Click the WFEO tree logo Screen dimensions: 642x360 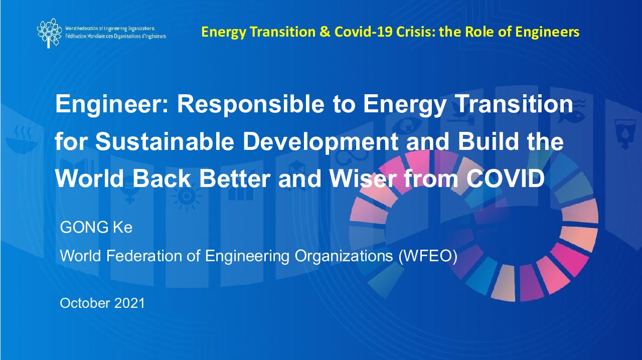[49, 33]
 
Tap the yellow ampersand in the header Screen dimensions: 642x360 [325, 32]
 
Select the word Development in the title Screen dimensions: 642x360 [320, 142]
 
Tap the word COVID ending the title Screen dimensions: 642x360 [505, 178]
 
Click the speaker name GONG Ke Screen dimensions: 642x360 [96, 227]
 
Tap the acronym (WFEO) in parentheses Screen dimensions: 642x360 [428, 256]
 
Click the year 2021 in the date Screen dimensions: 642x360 [129, 303]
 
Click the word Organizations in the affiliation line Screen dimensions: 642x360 [344, 256]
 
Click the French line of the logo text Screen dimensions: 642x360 [115, 37]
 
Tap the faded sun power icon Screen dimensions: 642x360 [187, 197]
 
